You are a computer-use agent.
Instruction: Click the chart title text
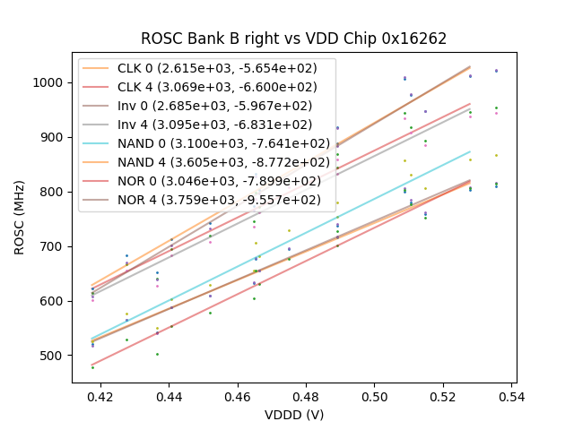point(293,39)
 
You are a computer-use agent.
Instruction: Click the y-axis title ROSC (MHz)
point(20,217)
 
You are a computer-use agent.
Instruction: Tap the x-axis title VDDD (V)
point(293,415)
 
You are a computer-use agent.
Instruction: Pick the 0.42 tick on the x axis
point(100,395)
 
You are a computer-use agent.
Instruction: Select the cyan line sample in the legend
point(99,143)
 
